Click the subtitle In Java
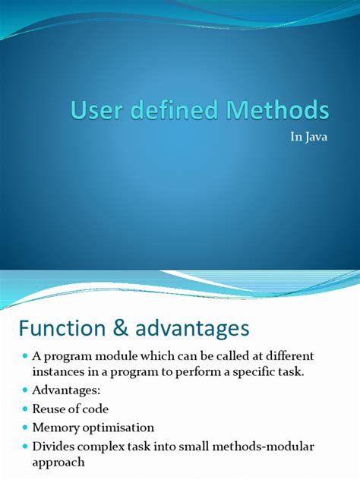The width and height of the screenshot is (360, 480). [x=311, y=140]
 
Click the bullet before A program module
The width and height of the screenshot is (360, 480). [x=24, y=356]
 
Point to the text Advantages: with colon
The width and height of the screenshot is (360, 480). [x=67, y=390]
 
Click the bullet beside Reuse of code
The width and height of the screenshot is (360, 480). [x=24, y=409]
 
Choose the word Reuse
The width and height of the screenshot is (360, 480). [x=50, y=409]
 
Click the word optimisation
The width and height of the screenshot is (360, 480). [x=118, y=428]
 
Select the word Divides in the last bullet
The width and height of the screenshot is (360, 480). [x=55, y=447]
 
